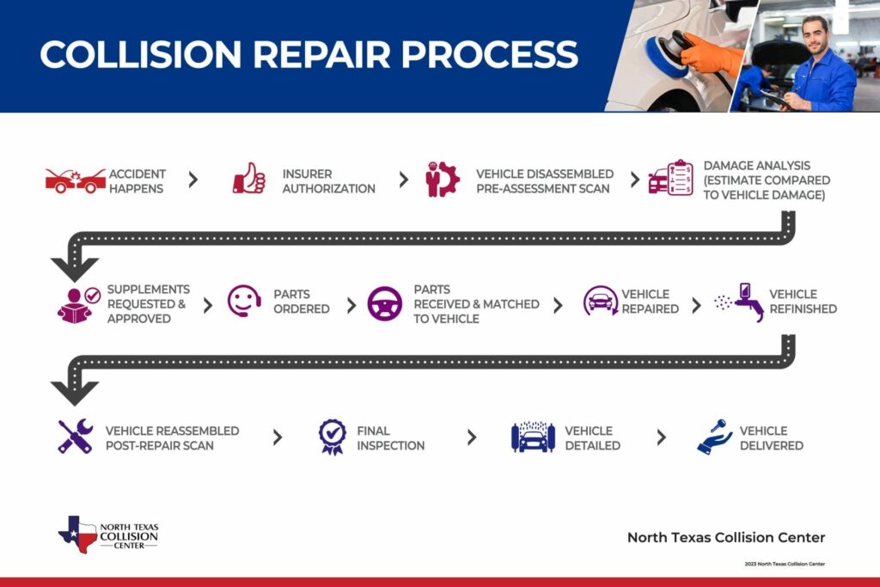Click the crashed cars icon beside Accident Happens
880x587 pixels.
point(76,180)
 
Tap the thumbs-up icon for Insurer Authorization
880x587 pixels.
point(249,179)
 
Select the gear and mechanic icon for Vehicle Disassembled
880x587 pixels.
point(443,180)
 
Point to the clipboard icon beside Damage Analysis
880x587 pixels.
point(671,178)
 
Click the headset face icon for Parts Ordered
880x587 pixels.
point(244,301)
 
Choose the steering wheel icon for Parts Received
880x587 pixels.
point(384,303)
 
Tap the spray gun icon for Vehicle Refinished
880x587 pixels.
point(743,303)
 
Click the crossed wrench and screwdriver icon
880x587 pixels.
point(75,437)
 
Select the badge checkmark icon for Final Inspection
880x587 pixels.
point(332,436)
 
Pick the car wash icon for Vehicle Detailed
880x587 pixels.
point(533,437)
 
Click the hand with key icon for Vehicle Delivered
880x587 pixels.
point(714,437)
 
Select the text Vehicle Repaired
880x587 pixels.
point(650,301)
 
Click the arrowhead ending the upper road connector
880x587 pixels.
point(75,268)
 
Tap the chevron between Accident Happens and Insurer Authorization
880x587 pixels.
point(192,180)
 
